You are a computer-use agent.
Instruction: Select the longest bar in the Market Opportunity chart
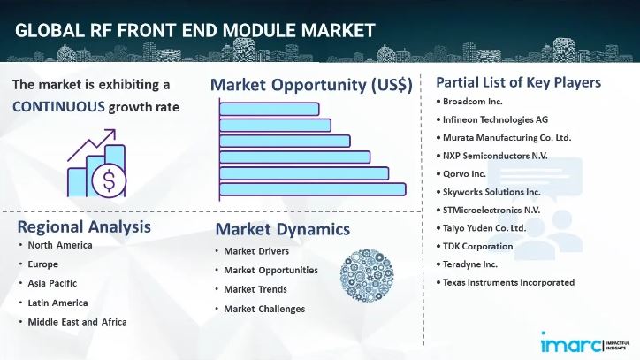click(312, 188)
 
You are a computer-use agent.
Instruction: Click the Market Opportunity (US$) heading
click(311, 85)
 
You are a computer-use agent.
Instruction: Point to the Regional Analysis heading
click(84, 226)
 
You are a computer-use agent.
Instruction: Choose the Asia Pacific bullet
click(51, 283)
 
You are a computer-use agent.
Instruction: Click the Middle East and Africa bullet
click(76, 321)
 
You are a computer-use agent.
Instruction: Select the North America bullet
click(59, 245)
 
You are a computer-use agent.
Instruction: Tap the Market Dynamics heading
click(282, 230)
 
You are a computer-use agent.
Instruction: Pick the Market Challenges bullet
click(263, 309)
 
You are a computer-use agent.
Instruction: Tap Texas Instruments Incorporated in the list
click(508, 282)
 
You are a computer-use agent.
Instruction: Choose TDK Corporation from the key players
click(477, 246)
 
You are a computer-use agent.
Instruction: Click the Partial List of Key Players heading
click(518, 82)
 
